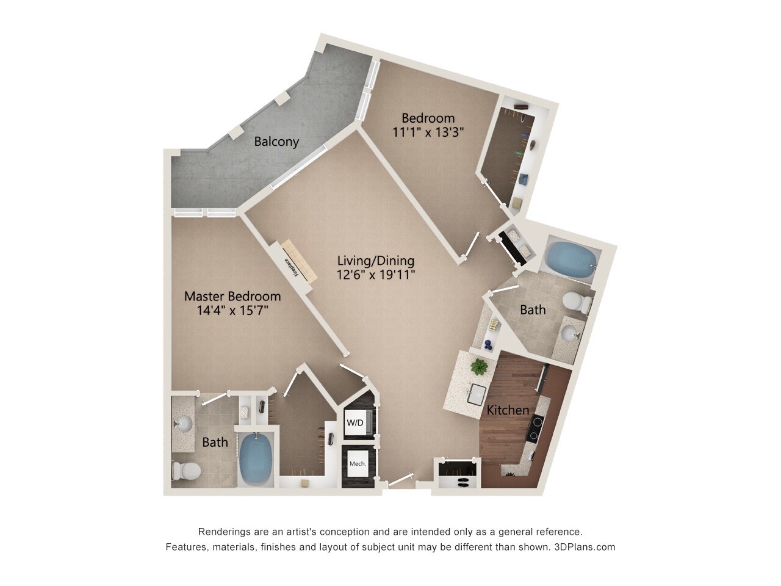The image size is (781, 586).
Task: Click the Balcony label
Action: [x=276, y=142]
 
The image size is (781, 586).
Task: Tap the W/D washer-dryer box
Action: [x=355, y=422]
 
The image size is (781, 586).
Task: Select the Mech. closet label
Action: [x=358, y=464]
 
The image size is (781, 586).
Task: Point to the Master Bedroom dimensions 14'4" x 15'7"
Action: [x=232, y=311]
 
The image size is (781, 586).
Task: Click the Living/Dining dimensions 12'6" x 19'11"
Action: [x=376, y=275]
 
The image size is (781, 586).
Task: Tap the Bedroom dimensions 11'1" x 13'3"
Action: [x=428, y=132]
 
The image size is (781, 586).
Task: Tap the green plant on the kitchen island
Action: [x=480, y=367]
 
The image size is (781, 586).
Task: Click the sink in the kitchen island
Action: [x=477, y=394]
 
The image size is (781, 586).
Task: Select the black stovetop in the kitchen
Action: [x=536, y=428]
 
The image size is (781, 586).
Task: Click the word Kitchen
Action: [x=508, y=410]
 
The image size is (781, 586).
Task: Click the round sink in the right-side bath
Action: [x=569, y=333]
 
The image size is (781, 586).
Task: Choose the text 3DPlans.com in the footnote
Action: [x=585, y=547]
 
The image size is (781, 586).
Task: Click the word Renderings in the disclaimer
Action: [x=223, y=532]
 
